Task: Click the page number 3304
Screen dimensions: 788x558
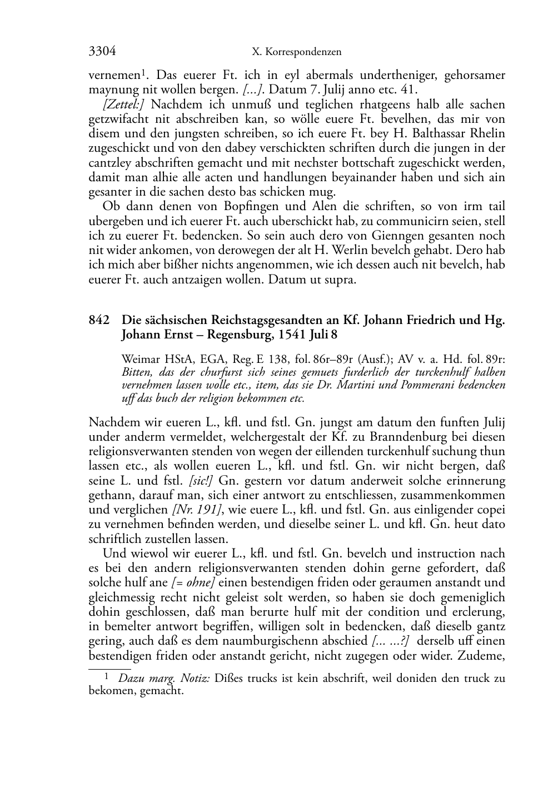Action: point(102,52)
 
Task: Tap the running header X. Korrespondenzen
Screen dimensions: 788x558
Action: point(296,52)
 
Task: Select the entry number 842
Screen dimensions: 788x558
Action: point(99,321)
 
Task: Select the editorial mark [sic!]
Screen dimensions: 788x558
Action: point(203,481)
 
